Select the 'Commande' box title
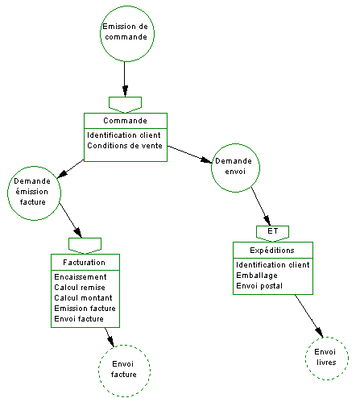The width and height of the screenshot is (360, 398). tap(125, 121)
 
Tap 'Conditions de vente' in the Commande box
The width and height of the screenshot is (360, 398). tap(125, 146)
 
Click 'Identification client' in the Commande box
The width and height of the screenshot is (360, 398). tap(124, 135)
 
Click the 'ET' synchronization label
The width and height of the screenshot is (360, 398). tap(273, 231)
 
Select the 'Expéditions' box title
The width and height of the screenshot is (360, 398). tap(272, 251)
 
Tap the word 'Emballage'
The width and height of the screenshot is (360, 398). tap(257, 276)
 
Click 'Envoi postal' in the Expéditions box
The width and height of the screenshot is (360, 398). tap(259, 286)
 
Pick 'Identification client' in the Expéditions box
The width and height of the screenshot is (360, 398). tap(273, 265)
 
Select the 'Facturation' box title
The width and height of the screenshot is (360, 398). tap(84, 263)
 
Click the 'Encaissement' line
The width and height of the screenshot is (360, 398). tap(81, 277)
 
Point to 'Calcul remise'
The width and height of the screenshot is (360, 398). tap(80, 288)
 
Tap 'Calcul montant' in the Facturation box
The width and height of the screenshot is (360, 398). tap(83, 298)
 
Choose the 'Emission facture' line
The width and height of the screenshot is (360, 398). tap(85, 309)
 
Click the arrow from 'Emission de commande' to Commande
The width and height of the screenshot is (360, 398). tap(125, 79)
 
